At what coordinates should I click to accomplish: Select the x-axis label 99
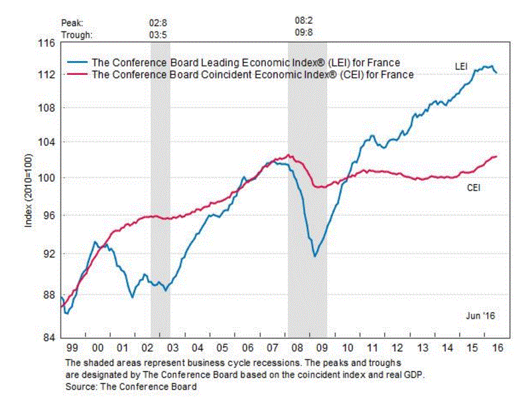[x=72, y=348]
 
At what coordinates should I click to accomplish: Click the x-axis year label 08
[x=296, y=348]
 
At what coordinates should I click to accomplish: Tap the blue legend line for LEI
[x=78, y=63]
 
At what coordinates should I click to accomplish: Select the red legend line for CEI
[x=78, y=74]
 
